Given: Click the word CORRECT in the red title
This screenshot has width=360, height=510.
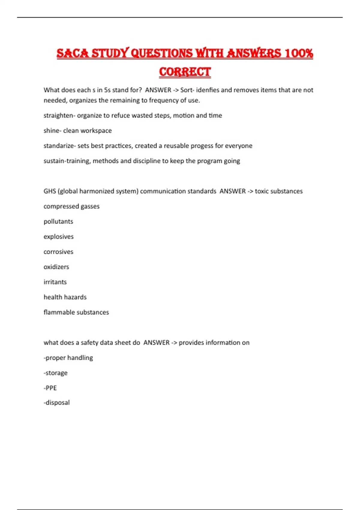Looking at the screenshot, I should click(185, 72).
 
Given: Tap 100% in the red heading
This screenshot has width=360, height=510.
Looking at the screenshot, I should click(299, 53).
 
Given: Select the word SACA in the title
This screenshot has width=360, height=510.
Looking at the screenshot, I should click(73, 53).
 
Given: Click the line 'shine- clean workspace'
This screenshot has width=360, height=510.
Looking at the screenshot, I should click(77, 130).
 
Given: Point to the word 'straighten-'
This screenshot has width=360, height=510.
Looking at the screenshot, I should click(59, 115).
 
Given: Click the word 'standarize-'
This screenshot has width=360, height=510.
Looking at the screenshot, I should click(59, 146).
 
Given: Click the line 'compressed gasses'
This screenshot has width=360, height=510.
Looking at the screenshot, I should click(71, 206).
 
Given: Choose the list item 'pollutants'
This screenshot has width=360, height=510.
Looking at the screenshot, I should click(58, 221).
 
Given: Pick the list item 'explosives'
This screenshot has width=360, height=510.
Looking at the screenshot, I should click(58, 237).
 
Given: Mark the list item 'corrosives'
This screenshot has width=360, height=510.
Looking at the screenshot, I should click(58, 252).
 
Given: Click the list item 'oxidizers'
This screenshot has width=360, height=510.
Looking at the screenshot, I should click(56, 267).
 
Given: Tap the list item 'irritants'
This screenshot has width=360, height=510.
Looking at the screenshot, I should click(55, 282).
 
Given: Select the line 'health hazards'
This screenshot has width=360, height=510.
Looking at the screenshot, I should click(65, 297).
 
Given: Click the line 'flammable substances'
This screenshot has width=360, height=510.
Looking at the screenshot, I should click(76, 312).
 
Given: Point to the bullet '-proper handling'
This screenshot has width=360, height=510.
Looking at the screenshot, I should click(68, 358).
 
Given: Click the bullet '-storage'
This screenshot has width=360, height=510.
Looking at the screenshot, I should click(55, 373).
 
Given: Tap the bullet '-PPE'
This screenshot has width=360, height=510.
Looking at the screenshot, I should click(50, 388).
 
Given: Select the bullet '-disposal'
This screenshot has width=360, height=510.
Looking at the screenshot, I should click(56, 403).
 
